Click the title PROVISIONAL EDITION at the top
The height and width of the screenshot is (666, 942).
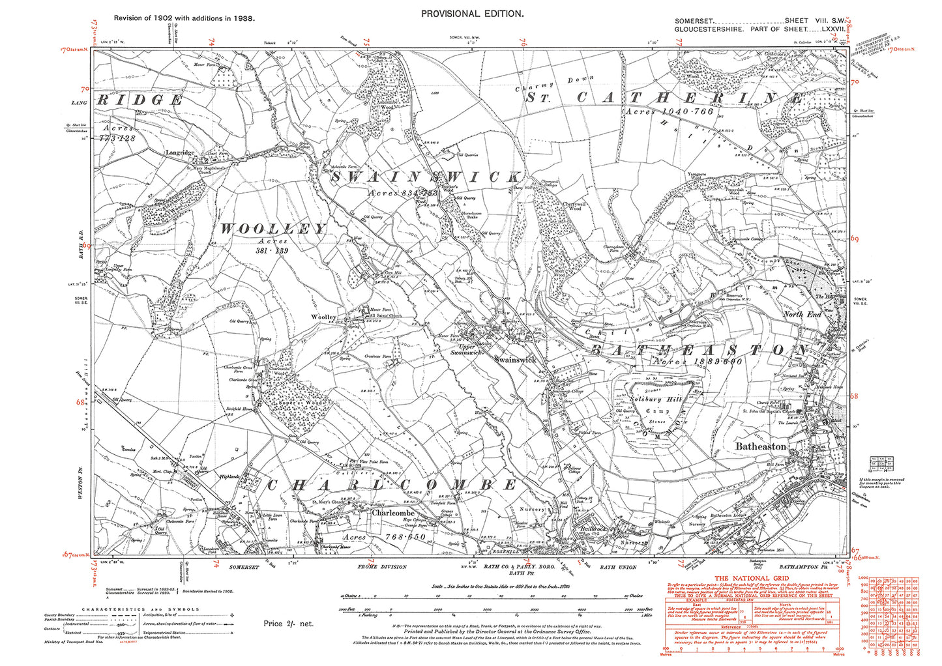click(471, 14)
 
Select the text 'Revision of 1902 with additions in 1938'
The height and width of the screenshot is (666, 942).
click(184, 18)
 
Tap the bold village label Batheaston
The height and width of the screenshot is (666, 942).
click(761, 446)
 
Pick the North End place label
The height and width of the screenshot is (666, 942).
click(802, 314)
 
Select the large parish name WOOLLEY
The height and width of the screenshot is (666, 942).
click(272, 229)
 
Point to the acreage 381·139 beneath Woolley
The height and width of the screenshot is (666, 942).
click(272, 250)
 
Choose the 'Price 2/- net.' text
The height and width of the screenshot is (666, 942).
click(288, 624)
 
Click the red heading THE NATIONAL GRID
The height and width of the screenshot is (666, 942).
click(752, 579)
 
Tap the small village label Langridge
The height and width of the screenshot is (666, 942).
click(179, 152)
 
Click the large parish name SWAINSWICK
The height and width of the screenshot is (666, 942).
click(426, 177)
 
